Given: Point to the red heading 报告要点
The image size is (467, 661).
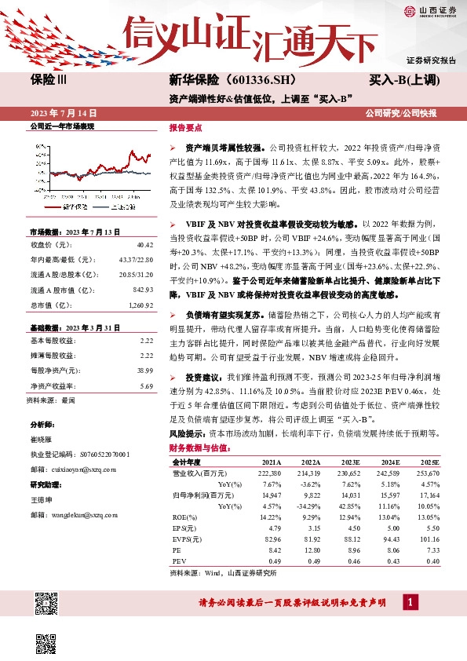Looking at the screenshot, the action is tap(185, 127).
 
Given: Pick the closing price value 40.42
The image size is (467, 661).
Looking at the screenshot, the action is tap(144, 245).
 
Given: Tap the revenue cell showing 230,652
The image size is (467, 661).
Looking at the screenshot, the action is tap(348, 473).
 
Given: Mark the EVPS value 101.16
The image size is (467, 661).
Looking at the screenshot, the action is tap(443, 539).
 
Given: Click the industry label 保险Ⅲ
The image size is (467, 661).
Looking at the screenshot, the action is tap(49, 81).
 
